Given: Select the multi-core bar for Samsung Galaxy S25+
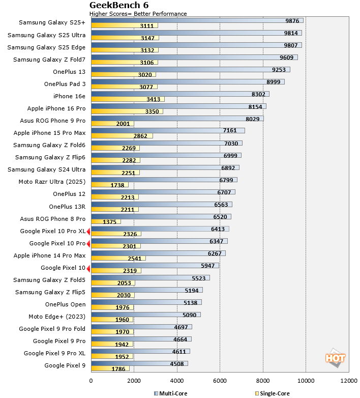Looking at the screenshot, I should (197, 20).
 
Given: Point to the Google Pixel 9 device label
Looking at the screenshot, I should (66, 365).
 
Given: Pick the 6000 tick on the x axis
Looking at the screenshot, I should (220, 380).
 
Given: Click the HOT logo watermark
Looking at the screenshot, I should (335, 358).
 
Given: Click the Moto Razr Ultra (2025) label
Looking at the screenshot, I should (52, 182).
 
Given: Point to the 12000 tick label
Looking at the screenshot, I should (349, 380).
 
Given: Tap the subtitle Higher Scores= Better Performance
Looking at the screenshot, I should (138, 14).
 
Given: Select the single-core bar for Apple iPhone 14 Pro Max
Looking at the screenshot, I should (118, 258).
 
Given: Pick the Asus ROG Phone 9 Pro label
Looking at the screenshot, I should (53, 121).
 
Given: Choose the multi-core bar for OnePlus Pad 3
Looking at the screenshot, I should (187, 81).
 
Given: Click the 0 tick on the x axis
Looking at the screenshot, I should (91, 380).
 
